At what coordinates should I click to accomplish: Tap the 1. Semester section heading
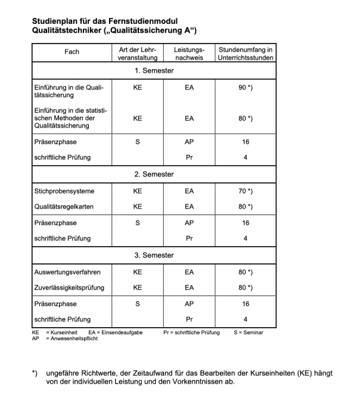[153, 70]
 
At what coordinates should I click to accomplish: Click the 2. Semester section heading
[153, 174]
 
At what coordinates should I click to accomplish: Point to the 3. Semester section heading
[153, 255]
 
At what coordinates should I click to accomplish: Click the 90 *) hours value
[246, 87]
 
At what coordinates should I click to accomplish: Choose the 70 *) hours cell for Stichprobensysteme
[246, 191]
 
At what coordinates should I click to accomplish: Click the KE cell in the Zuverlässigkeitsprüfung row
[138, 287]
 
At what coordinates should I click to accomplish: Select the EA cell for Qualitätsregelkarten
[190, 206]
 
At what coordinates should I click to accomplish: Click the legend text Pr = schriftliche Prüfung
[191, 332]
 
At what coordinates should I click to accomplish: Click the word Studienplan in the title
[58, 21]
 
